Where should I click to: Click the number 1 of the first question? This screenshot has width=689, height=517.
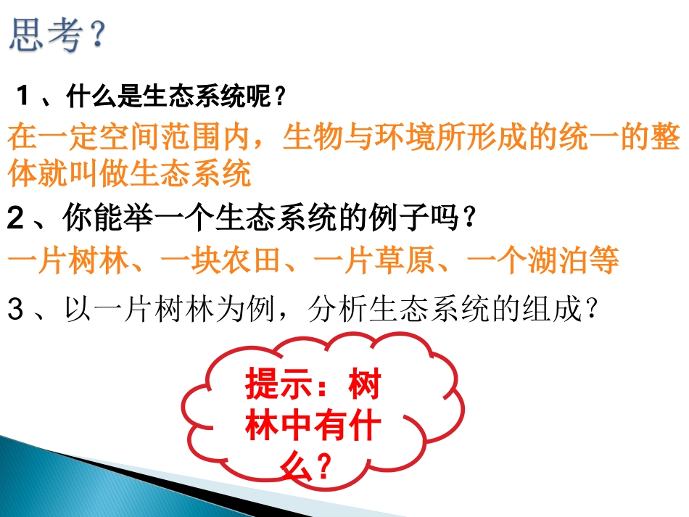[23, 95]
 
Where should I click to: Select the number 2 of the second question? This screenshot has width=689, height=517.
[15, 218]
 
